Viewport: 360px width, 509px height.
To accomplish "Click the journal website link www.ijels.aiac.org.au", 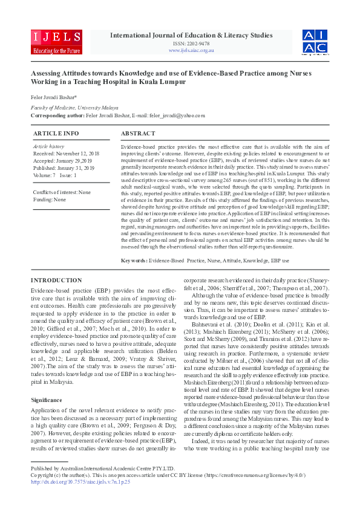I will pos(191,50).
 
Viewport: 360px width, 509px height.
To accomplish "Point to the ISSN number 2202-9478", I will pos(191,44).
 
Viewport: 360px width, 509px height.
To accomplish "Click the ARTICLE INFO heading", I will pos(56,133).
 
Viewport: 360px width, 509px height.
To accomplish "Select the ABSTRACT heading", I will pos(138,133).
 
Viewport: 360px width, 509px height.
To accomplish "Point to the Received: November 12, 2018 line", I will pos(66,154).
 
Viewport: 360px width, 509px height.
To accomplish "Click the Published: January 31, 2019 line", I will pos(64,168).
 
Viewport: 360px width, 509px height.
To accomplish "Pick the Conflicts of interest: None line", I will pos(62,192).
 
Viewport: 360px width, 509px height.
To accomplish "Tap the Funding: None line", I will pos(50,199).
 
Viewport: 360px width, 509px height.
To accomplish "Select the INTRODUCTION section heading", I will pos(57,280).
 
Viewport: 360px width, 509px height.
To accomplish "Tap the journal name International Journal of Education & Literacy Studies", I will pos(191,36).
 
